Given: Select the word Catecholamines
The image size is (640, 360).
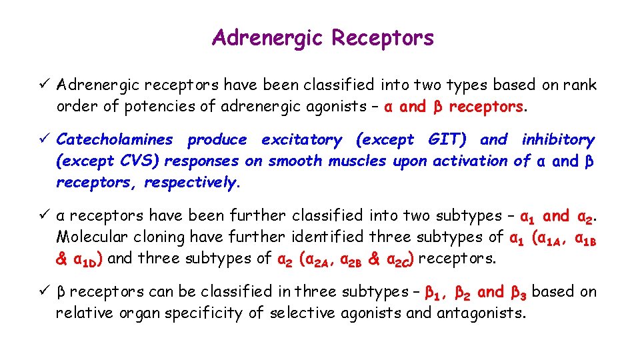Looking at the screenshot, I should [x=114, y=140].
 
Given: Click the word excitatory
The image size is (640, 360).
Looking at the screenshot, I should [x=301, y=140].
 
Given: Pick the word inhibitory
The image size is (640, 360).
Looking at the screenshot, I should [x=558, y=140].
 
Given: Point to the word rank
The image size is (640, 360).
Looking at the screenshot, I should [x=580, y=85].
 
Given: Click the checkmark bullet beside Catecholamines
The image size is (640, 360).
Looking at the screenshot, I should [x=44, y=139].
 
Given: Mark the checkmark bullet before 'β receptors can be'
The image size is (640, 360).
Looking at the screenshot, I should [x=44, y=291].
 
